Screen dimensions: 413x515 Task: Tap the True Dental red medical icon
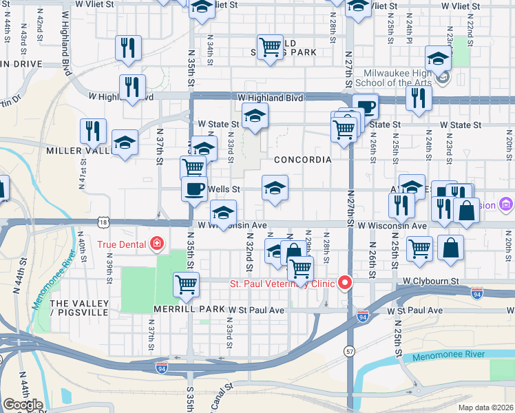point(158,244)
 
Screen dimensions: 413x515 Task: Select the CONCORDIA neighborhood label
point(302,160)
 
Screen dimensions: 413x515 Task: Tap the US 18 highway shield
point(103,222)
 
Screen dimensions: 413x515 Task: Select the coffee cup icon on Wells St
point(195,188)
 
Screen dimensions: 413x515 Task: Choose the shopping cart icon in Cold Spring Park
point(271,47)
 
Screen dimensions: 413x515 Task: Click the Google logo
point(23,405)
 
